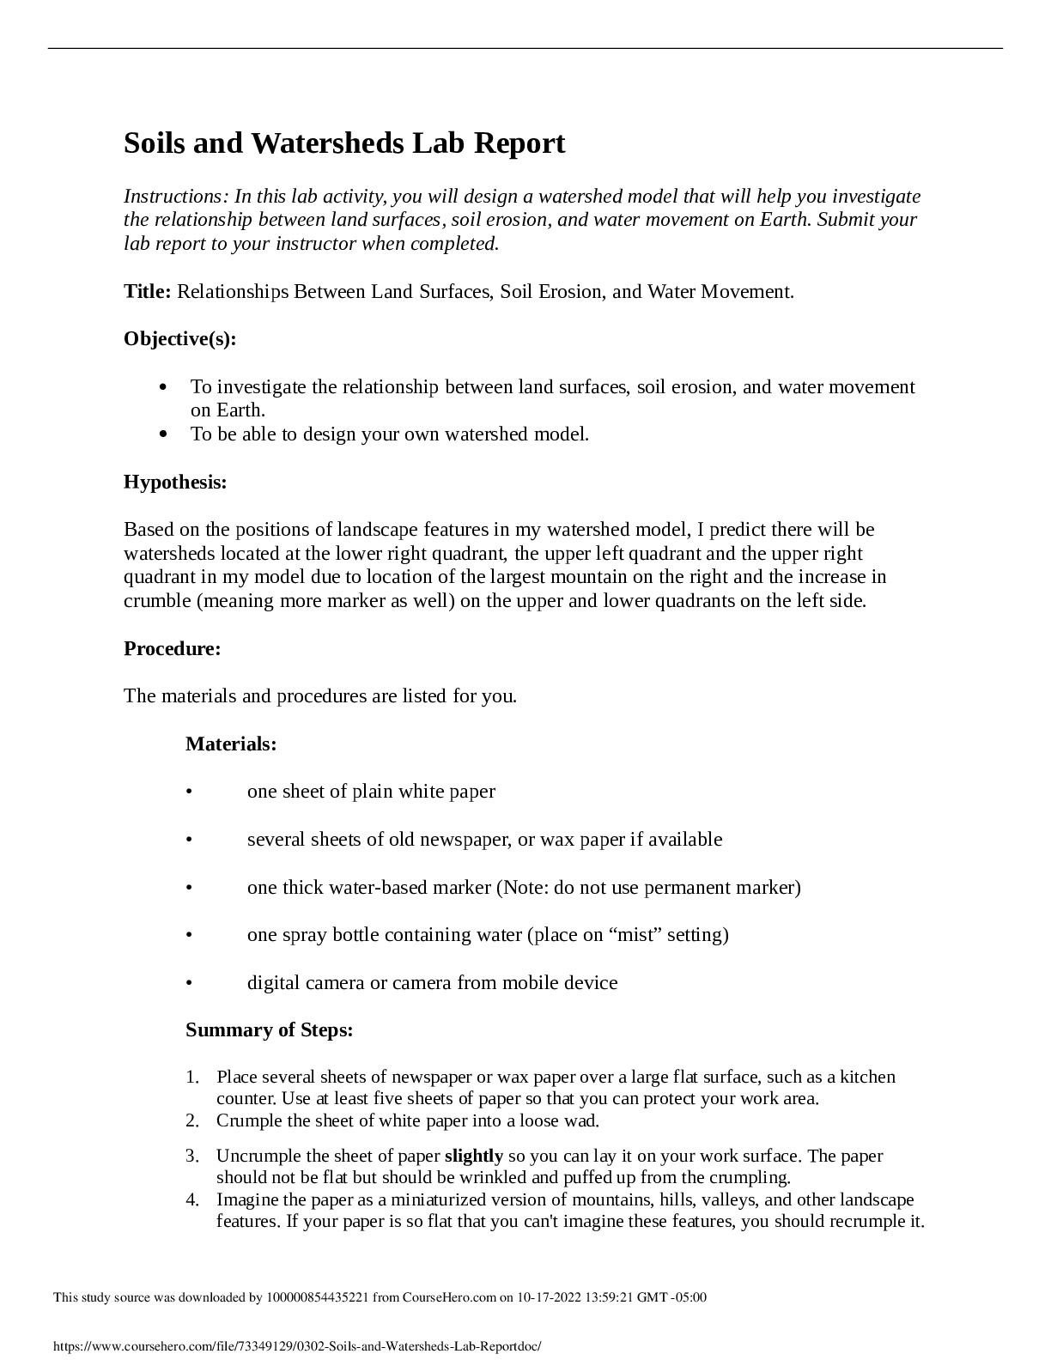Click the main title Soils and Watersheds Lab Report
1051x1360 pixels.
click(x=344, y=143)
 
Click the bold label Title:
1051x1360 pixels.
click(x=148, y=291)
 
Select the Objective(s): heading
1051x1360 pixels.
click(x=179, y=338)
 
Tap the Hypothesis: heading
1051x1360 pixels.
click(x=175, y=482)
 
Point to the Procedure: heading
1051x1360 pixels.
click(x=172, y=648)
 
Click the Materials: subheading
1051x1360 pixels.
click(x=231, y=744)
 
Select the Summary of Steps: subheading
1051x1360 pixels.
click(x=269, y=1029)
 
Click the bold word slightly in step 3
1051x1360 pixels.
click(x=473, y=1156)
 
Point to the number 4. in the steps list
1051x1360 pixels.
click(x=192, y=1199)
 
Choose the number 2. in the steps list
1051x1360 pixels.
click(x=192, y=1120)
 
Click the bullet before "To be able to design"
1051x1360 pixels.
click(x=163, y=434)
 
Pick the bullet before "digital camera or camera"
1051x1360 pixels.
click(x=188, y=982)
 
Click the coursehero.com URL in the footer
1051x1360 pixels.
click(x=297, y=1347)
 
